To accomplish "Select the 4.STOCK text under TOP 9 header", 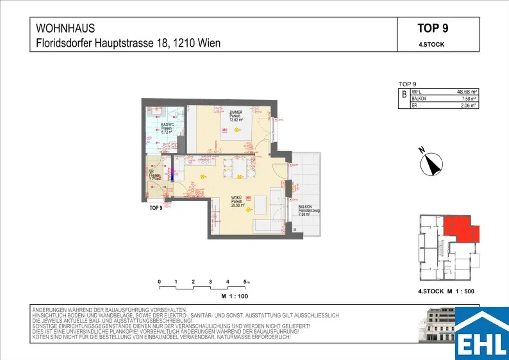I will click(x=431, y=44).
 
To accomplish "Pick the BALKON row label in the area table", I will click(x=419, y=99).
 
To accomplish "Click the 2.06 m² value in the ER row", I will click(x=468, y=105).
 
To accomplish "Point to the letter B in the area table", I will click(x=404, y=94).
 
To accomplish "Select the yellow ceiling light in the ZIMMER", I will click(x=236, y=130).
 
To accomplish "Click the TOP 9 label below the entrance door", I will click(x=156, y=208).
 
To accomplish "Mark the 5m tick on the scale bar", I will click(x=245, y=282).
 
